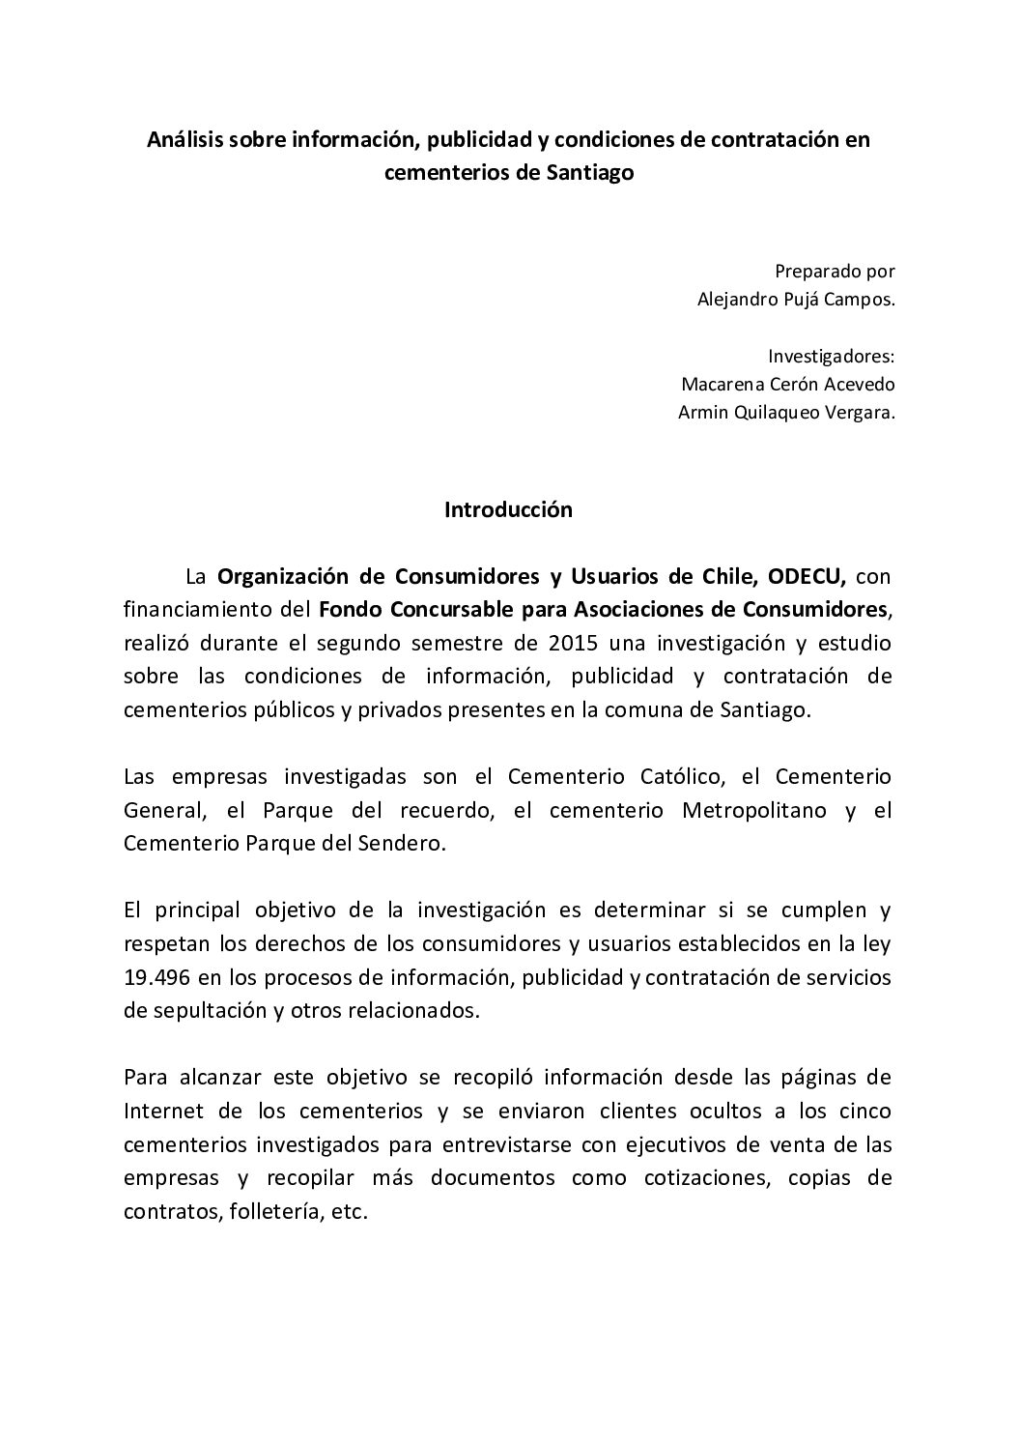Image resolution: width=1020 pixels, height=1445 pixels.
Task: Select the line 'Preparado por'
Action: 835,271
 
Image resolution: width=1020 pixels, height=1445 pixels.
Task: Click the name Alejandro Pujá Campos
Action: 796,299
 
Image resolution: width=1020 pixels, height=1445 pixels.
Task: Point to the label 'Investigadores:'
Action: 831,355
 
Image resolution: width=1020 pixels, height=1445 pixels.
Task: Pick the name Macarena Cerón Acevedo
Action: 787,384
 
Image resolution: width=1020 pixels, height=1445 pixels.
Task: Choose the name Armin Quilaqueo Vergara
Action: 787,412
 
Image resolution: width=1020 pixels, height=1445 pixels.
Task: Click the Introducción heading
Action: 508,510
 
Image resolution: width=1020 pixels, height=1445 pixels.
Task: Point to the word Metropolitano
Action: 754,810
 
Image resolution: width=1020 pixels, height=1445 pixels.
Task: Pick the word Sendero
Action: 410,843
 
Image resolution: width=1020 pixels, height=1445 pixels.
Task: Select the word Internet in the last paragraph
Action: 160,1111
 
